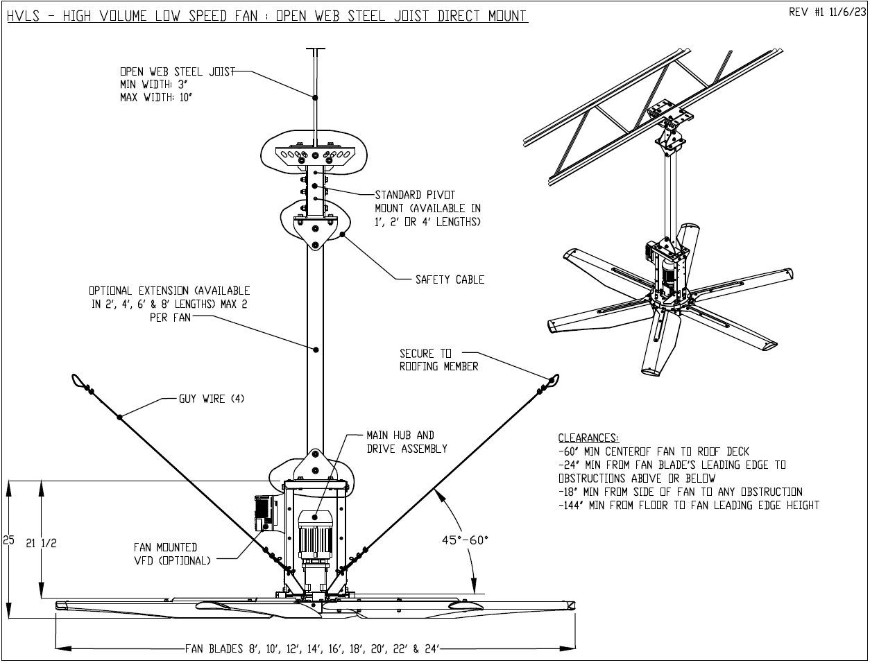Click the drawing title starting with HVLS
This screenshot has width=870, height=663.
tap(266, 15)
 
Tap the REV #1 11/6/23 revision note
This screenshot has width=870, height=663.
tap(826, 12)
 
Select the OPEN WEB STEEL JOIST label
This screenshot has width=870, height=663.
tap(177, 71)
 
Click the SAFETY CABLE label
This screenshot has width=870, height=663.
tap(450, 279)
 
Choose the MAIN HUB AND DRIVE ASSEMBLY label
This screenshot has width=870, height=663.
tap(407, 442)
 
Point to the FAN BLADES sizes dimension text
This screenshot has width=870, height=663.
tap(312, 649)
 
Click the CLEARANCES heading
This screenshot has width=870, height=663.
tap(588, 438)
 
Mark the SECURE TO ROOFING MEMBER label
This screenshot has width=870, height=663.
tap(438, 360)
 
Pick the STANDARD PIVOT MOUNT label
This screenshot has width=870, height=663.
tap(427, 208)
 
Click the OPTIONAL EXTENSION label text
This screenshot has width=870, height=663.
tap(170, 304)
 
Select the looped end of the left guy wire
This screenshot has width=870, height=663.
tap(78, 379)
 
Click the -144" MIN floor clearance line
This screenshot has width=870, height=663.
tap(688, 505)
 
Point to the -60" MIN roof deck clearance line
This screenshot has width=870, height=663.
tap(654, 451)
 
